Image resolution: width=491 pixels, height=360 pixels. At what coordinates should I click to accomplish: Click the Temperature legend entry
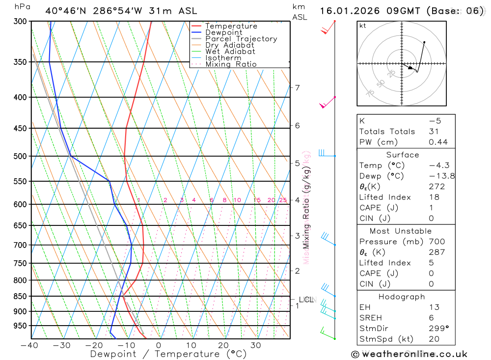coord(231,26)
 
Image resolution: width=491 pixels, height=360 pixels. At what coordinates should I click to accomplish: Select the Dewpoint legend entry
coord(223,32)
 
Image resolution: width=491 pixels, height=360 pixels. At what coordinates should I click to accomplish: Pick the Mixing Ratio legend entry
coord(231,64)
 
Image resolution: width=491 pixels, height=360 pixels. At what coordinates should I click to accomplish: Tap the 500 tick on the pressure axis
coord(21,156)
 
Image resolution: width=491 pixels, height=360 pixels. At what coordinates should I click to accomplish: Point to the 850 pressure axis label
coord(21,296)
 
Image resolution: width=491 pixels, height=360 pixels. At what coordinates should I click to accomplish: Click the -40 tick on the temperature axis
coord(29,345)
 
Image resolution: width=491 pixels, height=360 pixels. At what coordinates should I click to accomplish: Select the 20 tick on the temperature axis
coord(223,345)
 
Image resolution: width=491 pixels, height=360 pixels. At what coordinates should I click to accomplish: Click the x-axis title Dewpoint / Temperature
coord(168,354)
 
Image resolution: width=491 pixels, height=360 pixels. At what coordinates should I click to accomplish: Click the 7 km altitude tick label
coord(297,88)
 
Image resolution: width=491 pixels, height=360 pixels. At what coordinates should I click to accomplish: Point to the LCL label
coord(306,300)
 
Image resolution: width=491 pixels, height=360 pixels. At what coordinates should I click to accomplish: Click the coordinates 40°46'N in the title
coord(65,11)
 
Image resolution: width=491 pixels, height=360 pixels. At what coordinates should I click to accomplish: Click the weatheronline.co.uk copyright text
coord(409,354)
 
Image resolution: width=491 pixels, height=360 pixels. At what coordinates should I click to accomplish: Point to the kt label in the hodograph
coord(363,26)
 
